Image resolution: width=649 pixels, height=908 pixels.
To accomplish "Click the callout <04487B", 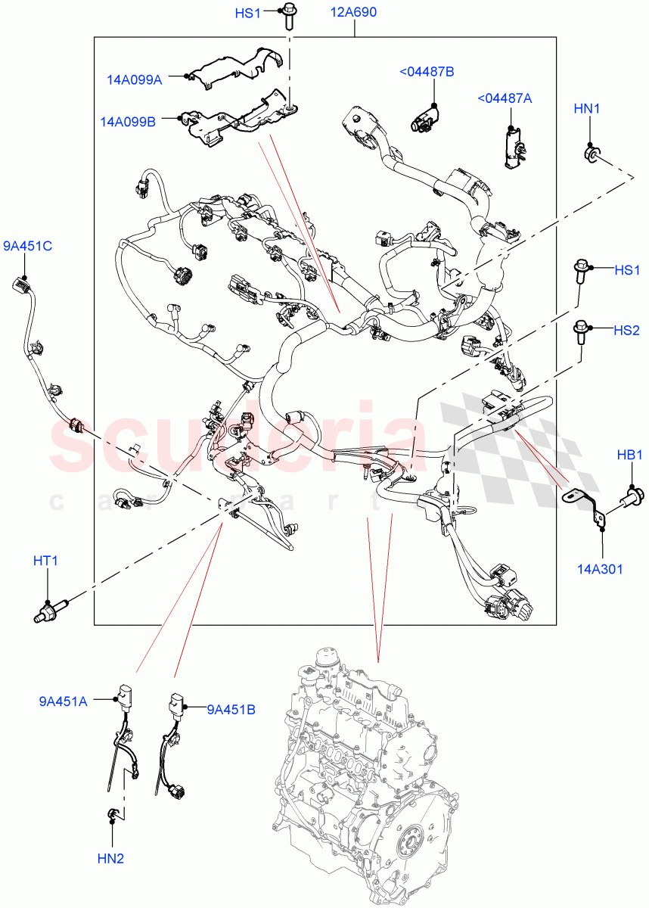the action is point(427,71).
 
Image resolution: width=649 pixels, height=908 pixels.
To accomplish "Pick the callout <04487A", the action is point(504,98).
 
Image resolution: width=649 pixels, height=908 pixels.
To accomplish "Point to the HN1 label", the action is point(586,109).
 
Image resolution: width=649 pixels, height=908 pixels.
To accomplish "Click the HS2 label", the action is point(626,330).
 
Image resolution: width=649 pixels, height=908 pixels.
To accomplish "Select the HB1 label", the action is point(629,455).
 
